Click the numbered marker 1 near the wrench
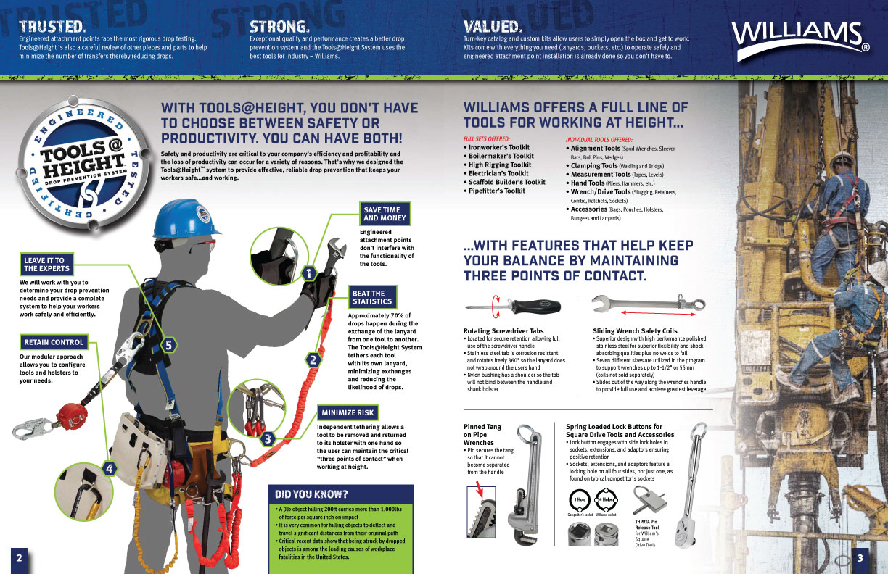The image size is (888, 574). (309, 273)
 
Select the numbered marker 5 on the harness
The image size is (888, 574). (168, 345)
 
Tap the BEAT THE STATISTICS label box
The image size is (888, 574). (372, 297)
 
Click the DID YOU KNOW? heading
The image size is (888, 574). (311, 495)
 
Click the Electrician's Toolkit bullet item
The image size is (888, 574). (499, 173)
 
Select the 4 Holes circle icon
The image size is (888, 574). (604, 500)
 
